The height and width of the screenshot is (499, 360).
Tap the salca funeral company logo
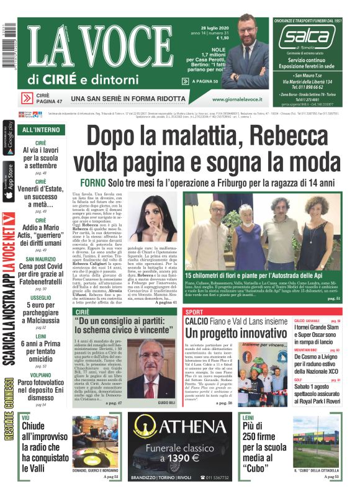coord(306,38)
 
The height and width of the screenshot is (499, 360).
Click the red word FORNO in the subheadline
coord(94,183)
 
